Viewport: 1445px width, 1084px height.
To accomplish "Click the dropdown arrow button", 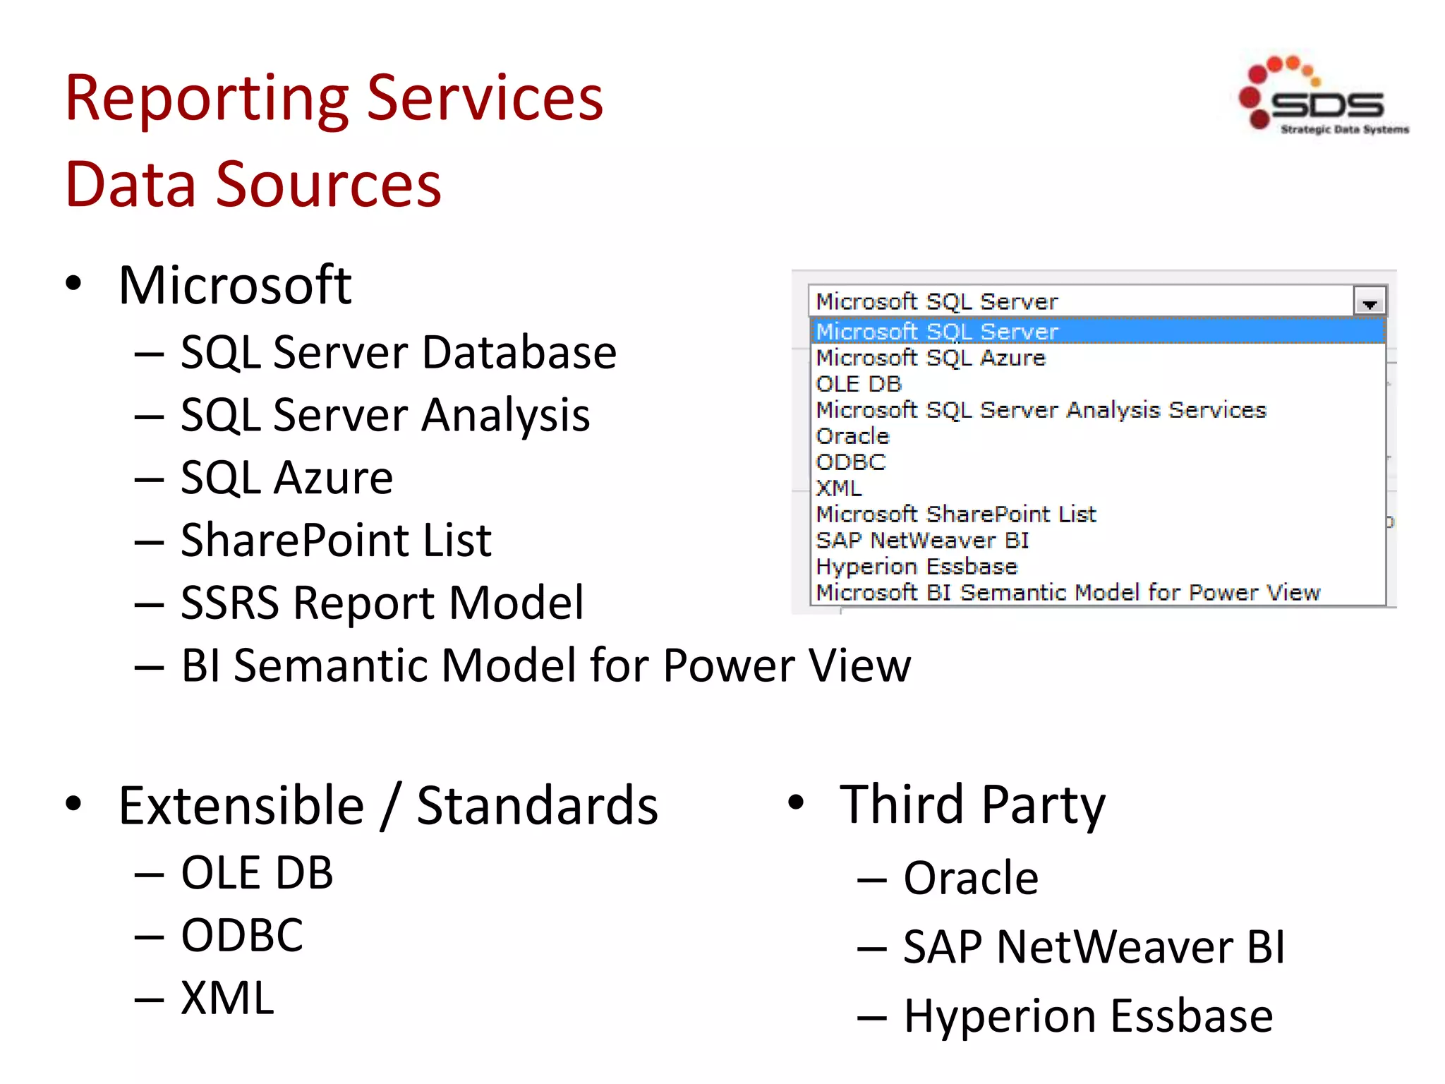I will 1370,302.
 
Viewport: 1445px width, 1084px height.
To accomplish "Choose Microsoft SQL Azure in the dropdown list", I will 930,358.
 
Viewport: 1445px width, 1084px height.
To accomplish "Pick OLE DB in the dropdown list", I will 859,384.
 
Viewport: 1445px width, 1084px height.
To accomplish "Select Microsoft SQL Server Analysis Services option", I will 1041,410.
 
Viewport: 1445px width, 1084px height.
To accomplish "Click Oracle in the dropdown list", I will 852,436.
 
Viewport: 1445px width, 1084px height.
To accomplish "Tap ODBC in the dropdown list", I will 850,462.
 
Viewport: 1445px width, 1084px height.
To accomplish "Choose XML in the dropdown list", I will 838,488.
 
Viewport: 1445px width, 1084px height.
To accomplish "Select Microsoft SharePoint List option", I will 956,514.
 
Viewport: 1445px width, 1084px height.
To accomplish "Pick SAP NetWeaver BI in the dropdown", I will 922,541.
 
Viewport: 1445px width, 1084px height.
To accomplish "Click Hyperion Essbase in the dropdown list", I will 917,567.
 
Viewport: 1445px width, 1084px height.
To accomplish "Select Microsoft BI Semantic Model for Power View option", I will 1068,593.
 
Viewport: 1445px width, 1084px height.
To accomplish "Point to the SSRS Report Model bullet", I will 382,603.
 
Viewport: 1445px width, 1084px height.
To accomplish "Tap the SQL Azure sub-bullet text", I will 286,478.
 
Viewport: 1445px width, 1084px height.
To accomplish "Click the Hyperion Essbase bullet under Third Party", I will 1088,1016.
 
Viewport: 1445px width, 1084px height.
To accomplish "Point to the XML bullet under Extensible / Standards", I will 227,998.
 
